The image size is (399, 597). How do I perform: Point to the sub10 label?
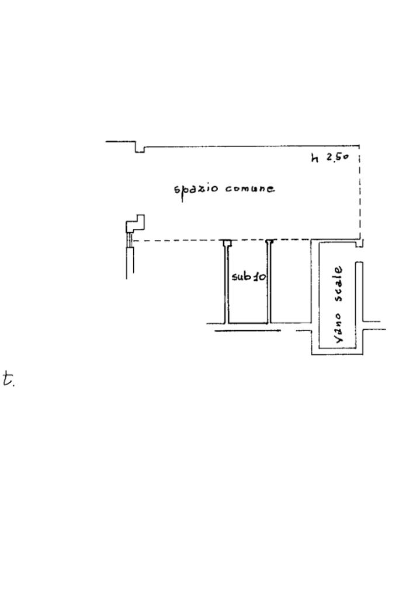coord(248,277)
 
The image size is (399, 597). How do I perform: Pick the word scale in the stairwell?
coord(338,284)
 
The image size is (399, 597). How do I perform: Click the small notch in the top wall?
coord(140,148)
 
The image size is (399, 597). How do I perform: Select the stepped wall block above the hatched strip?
coord(136,224)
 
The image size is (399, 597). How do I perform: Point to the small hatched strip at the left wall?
coord(130,239)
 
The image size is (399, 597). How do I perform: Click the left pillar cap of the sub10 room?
coord(226,242)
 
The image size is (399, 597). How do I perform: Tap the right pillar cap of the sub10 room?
coord(269,242)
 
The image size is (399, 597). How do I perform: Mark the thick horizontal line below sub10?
coord(247,331)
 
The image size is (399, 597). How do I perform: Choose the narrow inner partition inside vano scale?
coord(359,292)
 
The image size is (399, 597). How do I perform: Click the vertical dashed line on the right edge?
coord(359,193)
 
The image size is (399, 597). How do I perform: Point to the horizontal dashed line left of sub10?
coord(178,240)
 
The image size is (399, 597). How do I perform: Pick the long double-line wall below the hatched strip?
coord(130,263)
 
